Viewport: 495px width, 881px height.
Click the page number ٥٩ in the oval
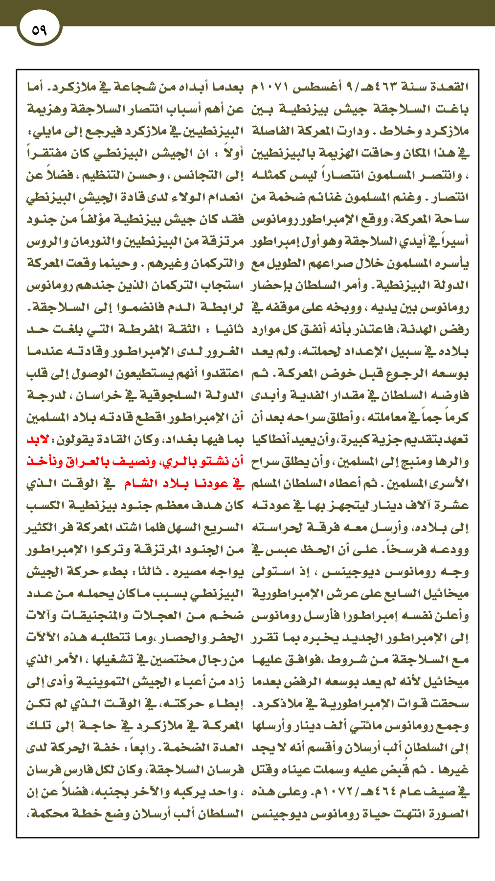(x=39, y=30)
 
